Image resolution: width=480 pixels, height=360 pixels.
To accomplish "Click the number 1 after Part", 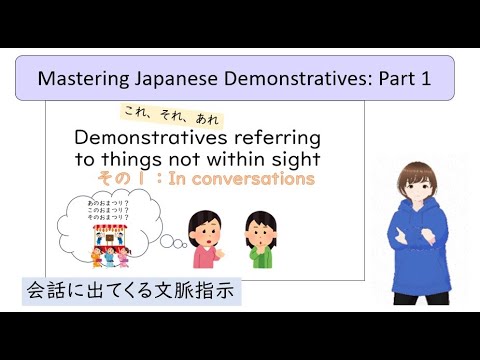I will (424, 78).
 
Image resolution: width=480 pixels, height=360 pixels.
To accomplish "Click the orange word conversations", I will (254, 180).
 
